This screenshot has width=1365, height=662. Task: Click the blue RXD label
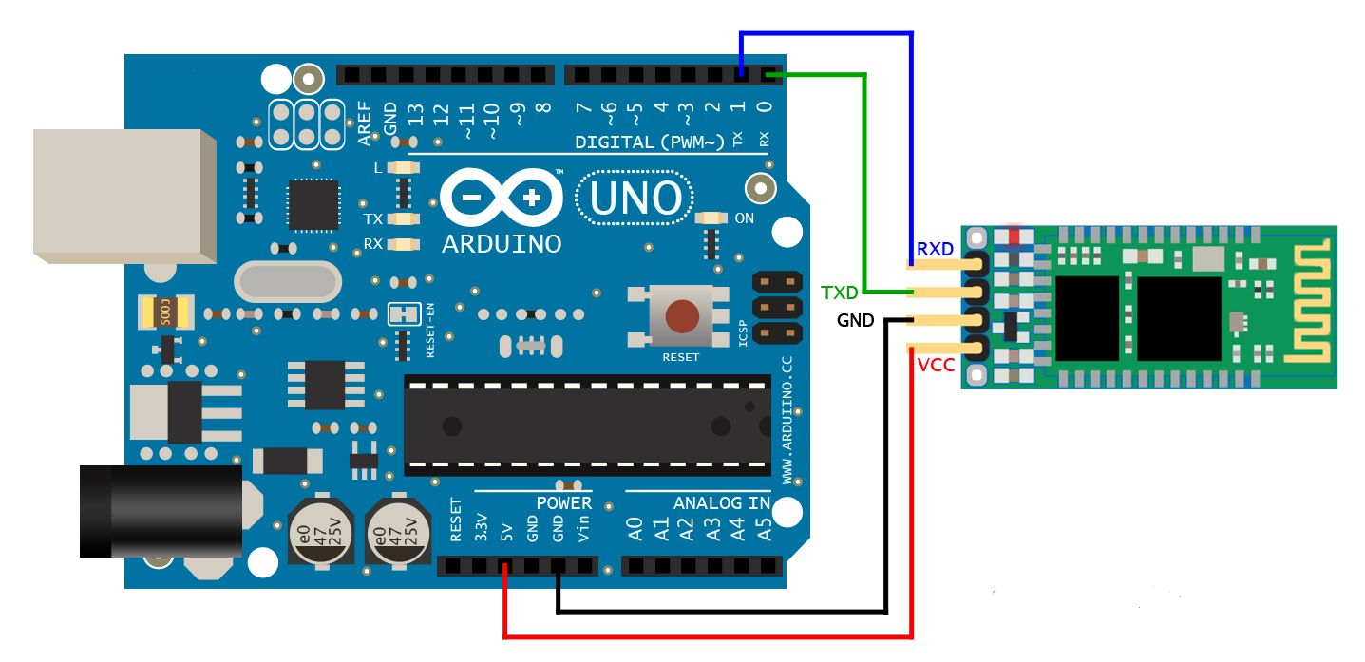coord(935,250)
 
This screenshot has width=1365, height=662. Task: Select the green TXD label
coord(840,292)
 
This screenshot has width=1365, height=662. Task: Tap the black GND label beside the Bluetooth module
coord(855,321)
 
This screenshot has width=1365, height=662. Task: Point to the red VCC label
coord(937,366)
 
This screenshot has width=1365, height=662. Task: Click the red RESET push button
coord(680,316)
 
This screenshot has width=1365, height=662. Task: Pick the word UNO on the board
coord(635,199)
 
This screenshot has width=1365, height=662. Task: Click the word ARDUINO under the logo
coord(502,244)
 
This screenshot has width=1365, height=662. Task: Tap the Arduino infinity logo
coord(501,198)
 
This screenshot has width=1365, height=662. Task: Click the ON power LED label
coord(745,218)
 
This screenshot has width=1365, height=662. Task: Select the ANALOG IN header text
coord(722,503)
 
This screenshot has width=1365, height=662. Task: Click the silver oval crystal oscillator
coord(287,281)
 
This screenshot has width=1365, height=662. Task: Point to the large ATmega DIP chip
coord(587,425)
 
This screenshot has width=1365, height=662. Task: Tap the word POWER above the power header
coord(563,503)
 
